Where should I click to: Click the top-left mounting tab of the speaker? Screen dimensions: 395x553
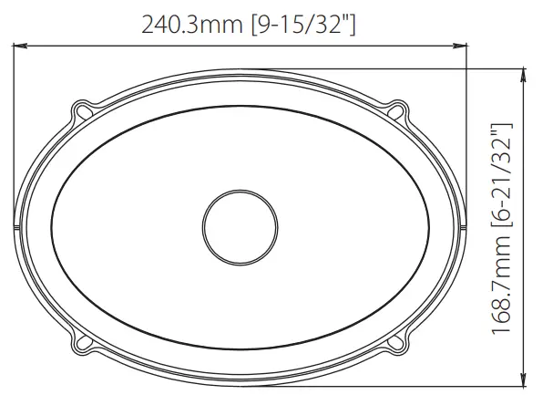(85, 111)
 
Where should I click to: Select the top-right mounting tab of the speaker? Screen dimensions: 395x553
(396, 111)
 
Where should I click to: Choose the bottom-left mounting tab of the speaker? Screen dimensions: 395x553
(85, 343)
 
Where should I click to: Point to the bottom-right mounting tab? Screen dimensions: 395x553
(396, 343)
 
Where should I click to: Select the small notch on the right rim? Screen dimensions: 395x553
(462, 226)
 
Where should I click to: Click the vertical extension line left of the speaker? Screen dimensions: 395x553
(13, 137)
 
